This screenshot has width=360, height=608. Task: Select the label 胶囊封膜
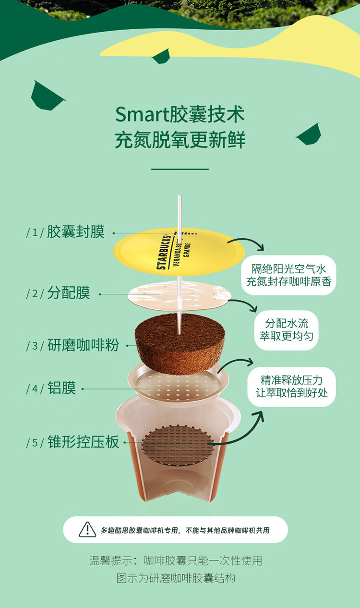tap(76, 232)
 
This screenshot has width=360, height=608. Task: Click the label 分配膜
tap(68, 292)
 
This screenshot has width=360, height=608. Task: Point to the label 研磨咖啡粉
tap(83, 345)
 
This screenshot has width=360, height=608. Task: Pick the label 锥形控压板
tap(83, 442)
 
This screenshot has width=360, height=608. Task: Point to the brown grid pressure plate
tap(178, 445)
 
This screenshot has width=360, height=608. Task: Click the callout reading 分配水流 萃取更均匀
tap(287, 330)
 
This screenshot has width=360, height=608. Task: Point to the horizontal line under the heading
tap(180, 169)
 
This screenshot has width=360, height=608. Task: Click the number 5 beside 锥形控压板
tap(35, 442)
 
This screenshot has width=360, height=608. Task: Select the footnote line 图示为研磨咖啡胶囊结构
tap(176, 578)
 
